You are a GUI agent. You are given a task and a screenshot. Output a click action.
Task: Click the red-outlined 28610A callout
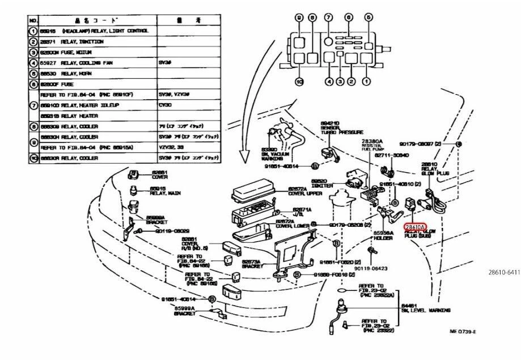(414, 227)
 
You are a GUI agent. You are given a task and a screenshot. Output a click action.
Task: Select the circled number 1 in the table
(33, 31)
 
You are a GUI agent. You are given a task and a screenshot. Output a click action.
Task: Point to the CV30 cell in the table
(166, 105)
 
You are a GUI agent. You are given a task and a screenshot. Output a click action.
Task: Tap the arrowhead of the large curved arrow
(242, 161)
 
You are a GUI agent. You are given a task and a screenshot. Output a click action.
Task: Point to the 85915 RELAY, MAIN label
(165, 193)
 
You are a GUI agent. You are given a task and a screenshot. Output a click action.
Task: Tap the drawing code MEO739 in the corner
(462, 332)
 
